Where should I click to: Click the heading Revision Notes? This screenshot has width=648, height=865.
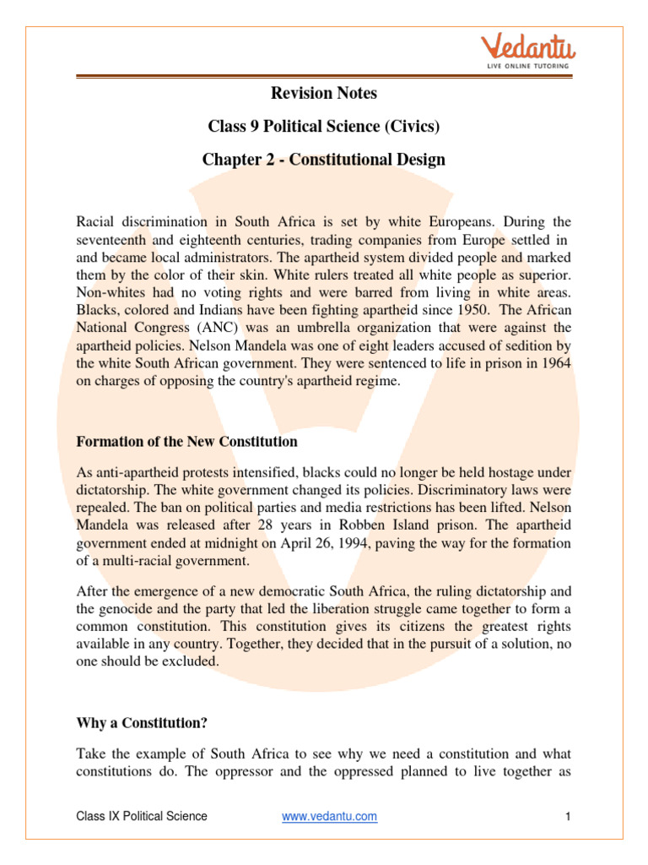tap(323, 93)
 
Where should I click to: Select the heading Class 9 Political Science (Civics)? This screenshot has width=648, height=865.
tap(324, 127)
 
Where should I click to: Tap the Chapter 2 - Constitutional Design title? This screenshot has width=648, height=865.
tap(324, 160)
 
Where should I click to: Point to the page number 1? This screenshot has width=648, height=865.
tap(569, 816)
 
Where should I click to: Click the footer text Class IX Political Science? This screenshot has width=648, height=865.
tap(142, 816)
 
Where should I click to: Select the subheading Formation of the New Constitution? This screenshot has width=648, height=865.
tap(186, 442)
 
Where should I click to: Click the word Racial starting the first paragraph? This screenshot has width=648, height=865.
tap(99, 221)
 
